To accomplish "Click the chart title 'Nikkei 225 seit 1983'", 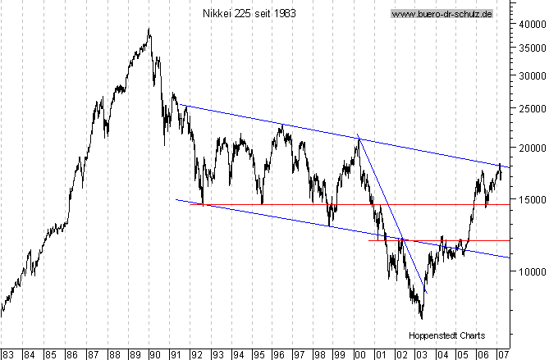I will (249, 14).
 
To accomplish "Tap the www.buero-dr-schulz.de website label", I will (441, 14).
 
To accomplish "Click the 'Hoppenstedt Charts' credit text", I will (446, 335).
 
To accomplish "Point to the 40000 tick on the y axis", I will (529, 24).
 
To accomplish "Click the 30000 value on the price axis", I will (529, 75).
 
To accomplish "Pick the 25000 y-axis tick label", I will (529, 107).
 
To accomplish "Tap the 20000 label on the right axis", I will (529, 148).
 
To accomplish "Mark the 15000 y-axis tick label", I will (529, 198).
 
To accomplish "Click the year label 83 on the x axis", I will (7, 354).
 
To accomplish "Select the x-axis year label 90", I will (154, 354).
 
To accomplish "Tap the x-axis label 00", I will (359, 354).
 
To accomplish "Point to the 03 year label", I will (421, 354).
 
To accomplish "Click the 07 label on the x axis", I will (502, 354).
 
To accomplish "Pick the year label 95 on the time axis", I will (258, 354).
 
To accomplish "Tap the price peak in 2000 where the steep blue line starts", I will (359, 137).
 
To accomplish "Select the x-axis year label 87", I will (92, 354).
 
